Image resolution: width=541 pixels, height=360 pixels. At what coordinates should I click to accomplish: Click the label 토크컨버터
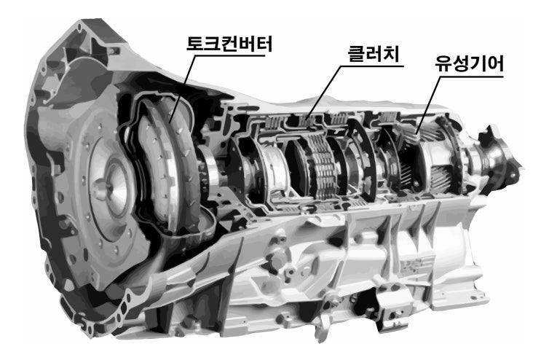pyautogui.click(x=229, y=44)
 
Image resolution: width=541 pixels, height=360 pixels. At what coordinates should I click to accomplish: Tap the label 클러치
pyautogui.click(x=374, y=54)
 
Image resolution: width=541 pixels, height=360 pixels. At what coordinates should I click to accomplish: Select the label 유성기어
pyautogui.click(x=469, y=64)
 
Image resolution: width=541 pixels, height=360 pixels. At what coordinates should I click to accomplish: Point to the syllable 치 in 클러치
pyautogui.click(x=391, y=54)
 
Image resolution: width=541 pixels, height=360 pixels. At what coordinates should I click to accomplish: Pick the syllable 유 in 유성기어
pyautogui.click(x=443, y=64)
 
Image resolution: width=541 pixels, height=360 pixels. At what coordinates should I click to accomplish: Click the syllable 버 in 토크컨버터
pyautogui.click(x=247, y=44)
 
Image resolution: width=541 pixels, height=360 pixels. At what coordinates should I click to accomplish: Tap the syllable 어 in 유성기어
pyautogui.click(x=495, y=64)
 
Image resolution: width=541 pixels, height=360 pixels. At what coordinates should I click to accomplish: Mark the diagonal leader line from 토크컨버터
pyautogui.click(x=183, y=90)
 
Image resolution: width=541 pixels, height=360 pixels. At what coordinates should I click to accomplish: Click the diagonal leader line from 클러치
pyautogui.click(x=323, y=93)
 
